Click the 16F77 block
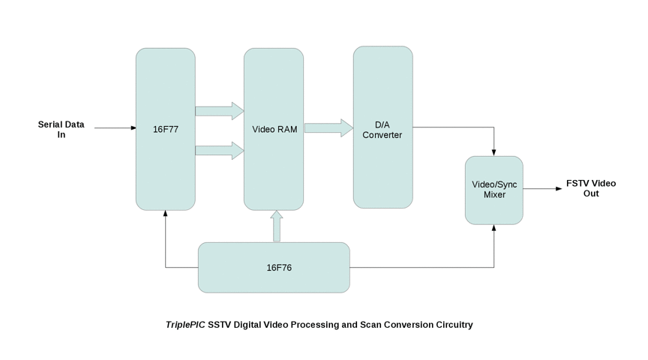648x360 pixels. (x=165, y=129)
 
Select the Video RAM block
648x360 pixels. (x=274, y=129)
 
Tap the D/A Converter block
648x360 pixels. (x=382, y=129)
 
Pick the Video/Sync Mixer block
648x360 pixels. (x=493, y=189)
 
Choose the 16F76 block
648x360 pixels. (x=274, y=267)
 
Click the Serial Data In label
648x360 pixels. (x=61, y=129)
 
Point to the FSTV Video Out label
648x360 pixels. (x=591, y=188)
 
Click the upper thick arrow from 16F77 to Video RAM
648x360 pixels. (x=220, y=111)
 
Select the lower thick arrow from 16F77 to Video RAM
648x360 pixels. (x=220, y=151)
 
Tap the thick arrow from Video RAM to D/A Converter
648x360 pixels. (x=328, y=128)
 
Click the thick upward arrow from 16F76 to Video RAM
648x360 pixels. (x=277, y=226)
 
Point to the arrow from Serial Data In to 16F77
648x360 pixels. (x=115, y=128)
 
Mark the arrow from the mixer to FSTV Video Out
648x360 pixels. (x=542, y=189)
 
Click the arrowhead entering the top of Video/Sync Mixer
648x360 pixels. (x=494, y=152)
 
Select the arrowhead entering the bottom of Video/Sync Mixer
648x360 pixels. (x=494, y=228)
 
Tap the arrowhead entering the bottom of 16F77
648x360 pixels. (x=166, y=214)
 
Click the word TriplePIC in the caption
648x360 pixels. (x=185, y=325)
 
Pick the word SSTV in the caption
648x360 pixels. (x=220, y=325)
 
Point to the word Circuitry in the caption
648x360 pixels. (x=453, y=325)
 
